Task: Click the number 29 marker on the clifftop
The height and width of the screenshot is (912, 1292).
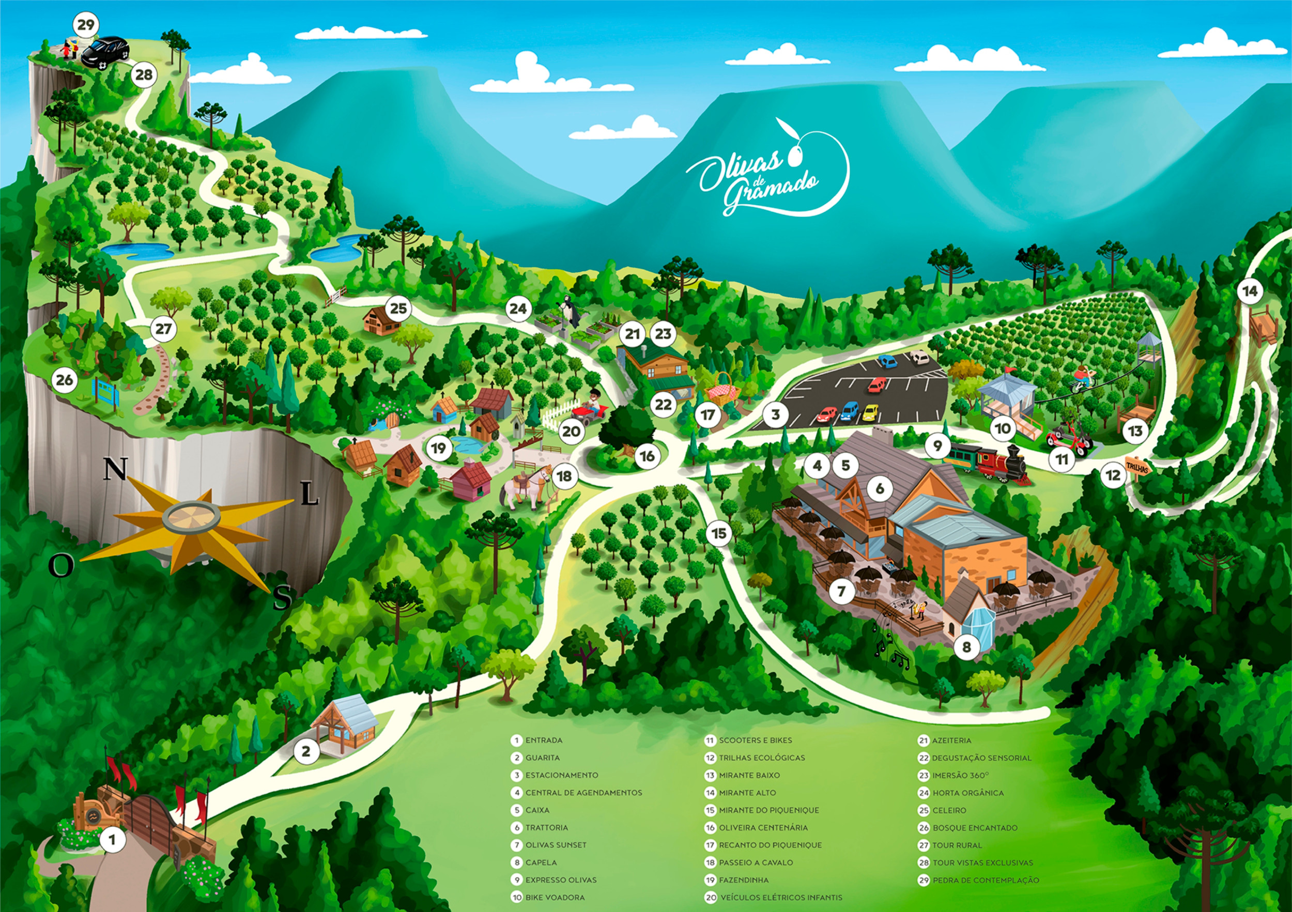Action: (x=86, y=25)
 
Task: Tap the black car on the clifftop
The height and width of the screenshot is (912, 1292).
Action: (x=105, y=52)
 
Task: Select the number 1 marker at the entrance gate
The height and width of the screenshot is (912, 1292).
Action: (x=112, y=840)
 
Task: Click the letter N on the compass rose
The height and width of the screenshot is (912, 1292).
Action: (x=115, y=469)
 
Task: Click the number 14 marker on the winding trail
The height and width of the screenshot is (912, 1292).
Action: (x=1250, y=291)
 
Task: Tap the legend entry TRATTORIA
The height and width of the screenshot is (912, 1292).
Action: (x=546, y=828)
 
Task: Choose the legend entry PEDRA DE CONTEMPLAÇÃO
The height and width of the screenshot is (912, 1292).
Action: (x=986, y=880)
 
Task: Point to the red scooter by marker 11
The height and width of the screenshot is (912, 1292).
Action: (x=1068, y=438)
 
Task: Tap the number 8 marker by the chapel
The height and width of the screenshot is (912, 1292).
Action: (x=966, y=647)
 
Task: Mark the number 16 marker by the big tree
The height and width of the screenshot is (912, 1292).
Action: (x=647, y=456)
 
